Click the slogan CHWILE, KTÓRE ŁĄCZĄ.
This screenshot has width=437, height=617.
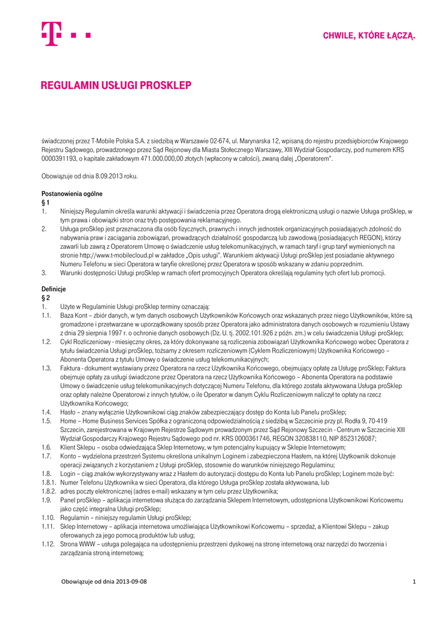tap(369, 36)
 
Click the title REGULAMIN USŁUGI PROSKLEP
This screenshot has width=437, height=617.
tap(116, 86)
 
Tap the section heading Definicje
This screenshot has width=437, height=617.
tap(53, 289)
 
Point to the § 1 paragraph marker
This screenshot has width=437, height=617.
tap(45, 203)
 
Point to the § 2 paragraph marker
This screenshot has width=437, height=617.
tap(45, 298)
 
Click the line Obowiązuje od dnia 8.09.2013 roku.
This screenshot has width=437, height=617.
tap(90, 176)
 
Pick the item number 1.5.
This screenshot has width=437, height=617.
tap(46, 421)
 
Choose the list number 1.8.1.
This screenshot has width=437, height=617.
tap(48, 483)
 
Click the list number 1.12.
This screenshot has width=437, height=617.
tap(48, 544)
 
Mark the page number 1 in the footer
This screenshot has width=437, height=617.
tap(414, 581)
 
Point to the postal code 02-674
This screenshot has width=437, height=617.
tap(220, 141)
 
